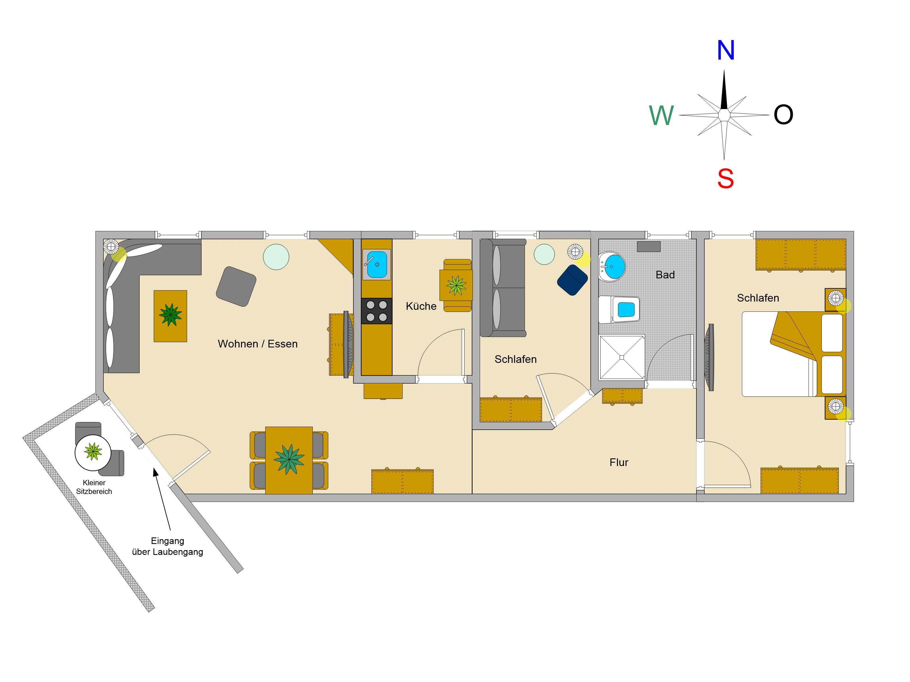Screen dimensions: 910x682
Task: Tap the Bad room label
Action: [x=665, y=275]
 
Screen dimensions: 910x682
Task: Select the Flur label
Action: [x=619, y=462]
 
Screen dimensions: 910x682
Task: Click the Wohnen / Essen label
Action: [x=258, y=344]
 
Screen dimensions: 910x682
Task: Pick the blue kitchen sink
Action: [x=377, y=264]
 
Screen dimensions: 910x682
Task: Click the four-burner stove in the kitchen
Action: [x=377, y=311]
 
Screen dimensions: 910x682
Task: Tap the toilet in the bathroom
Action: [x=619, y=309]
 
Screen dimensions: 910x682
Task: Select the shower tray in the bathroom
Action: [x=622, y=357]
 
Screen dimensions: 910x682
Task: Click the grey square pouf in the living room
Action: [x=236, y=286]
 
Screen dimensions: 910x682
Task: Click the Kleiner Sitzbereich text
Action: [x=94, y=487]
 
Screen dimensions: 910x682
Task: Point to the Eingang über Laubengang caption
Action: [x=167, y=546]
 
